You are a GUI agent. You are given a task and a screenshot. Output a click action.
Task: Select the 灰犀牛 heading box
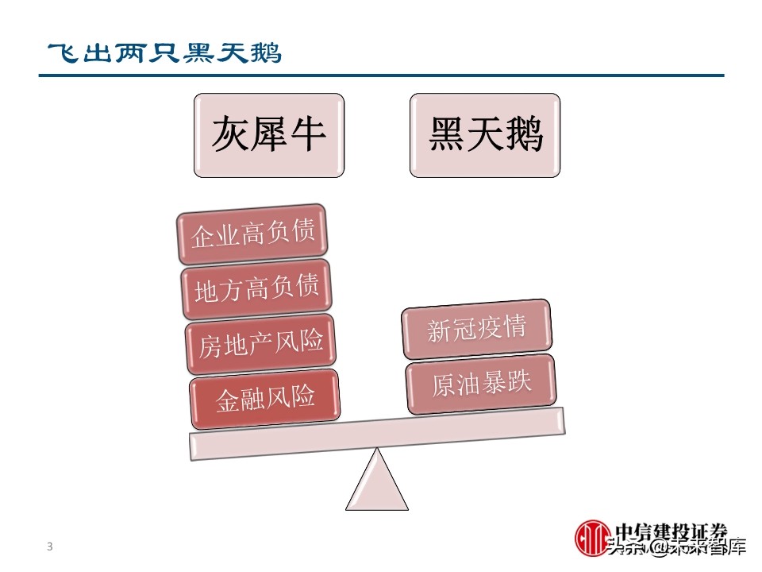coord(269,135)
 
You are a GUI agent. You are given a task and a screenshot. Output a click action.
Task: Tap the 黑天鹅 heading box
coord(485,135)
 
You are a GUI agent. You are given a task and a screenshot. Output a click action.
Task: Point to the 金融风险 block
coord(265,397)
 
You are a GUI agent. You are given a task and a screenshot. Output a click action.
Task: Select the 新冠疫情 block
coord(477,329)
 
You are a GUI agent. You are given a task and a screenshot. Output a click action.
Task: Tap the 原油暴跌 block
coord(481,384)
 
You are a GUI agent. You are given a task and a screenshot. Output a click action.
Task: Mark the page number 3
coord(50,547)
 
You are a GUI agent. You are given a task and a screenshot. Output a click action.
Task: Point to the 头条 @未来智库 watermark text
coord(675,547)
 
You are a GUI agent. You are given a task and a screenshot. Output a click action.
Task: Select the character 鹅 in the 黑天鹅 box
coord(524,135)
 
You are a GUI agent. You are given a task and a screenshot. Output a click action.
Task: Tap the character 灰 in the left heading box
coord(230,135)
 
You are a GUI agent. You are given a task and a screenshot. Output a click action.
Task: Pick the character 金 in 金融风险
coord(228,399)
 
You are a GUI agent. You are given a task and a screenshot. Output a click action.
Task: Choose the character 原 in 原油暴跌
coord(444,387)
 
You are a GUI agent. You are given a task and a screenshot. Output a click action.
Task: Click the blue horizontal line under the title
coord(382,75)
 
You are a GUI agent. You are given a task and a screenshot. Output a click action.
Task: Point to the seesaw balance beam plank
coord(376,434)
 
